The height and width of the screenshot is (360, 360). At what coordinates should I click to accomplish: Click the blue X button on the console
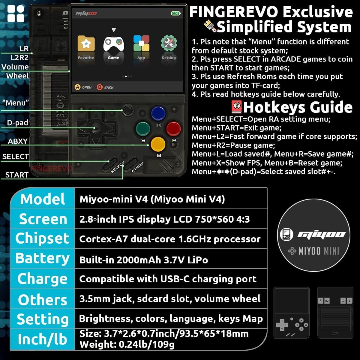coord(158,113)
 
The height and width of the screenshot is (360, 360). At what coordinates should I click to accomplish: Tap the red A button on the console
coord(173,128)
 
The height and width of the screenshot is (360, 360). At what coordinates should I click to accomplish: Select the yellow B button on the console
coord(158,144)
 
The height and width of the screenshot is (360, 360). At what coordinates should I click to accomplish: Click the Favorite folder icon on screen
coord(86,44)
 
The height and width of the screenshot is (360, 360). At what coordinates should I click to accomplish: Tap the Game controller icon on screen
coord(113,44)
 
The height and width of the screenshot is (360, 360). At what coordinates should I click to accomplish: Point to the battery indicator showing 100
coord(175,13)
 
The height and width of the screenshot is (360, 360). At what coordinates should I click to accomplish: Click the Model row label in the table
coord(43,199)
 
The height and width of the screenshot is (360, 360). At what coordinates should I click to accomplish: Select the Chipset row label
coord(42,238)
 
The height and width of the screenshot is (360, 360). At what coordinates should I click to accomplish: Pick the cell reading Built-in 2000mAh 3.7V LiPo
coord(144,259)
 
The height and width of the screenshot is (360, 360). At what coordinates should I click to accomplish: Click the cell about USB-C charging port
coord(168,279)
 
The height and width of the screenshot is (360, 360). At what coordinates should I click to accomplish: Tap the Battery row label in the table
coord(42,258)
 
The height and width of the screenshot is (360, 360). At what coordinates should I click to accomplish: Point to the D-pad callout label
coord(18,123)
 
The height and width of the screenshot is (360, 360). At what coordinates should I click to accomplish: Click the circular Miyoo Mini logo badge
coord(313,235)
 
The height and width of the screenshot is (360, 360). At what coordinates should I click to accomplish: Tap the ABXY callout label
coord(18,141)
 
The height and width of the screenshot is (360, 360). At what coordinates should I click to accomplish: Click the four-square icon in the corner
coord(16,13)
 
